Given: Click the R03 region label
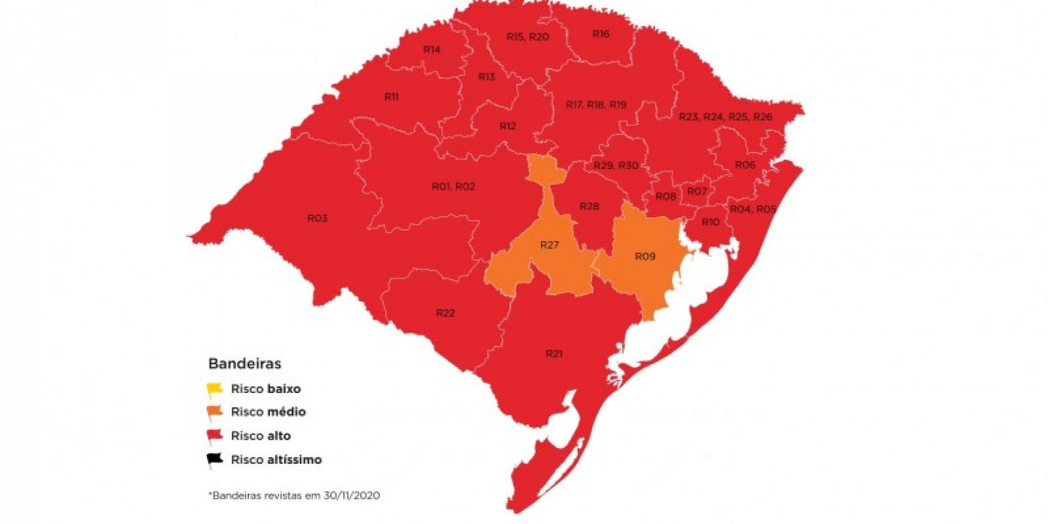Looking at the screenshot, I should (x=318, y=218).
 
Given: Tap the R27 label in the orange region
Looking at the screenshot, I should (x=549, y=245).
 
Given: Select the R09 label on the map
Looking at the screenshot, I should (x=645, y=256).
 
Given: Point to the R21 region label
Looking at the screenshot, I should (x=554, y=354).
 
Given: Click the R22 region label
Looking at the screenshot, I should (x=445, y=313).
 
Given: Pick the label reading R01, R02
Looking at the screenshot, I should (x=453, y=187).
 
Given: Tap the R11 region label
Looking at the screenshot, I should (x=391, y=97).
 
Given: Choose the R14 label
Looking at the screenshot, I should (x=432, y=50).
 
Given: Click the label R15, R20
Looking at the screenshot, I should (x=528, y=37).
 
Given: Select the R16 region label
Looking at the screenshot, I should (x=601, y=34).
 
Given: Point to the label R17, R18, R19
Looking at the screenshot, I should (x=596, y=105).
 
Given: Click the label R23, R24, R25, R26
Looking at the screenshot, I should (x=725, y=117).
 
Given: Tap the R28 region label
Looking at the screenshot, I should (x=589, y=206).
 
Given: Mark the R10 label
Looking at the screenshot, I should (x=710, y=222).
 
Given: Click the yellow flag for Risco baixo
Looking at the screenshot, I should (x=214, y=389).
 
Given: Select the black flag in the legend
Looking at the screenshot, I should (x=214, y=460).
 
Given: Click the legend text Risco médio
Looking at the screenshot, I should (x=268, y=412).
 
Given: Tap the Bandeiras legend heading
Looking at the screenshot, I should (x=245, y=364).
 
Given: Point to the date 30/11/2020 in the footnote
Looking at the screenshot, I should (x=352, y=495).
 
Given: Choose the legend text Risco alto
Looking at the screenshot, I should (x=261, y=435).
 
